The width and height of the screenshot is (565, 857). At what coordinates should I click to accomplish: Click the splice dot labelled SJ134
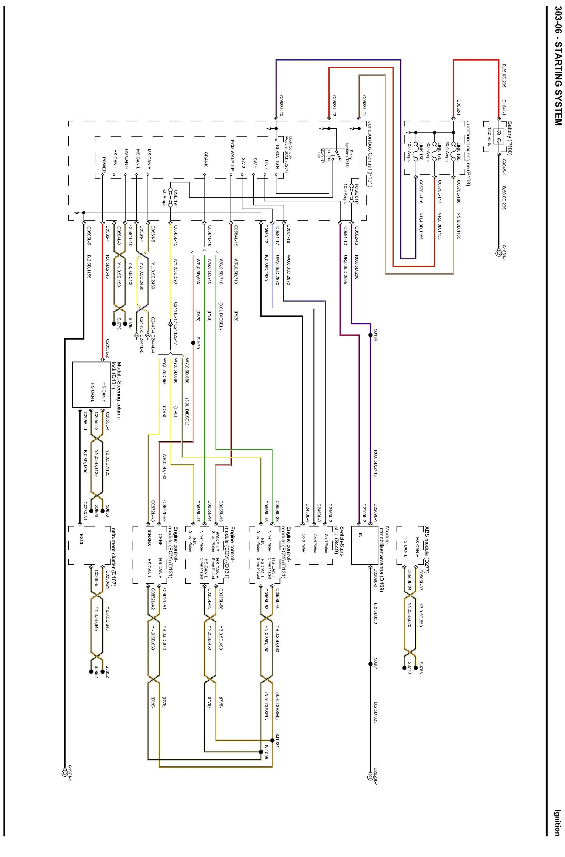(x=370, y=335)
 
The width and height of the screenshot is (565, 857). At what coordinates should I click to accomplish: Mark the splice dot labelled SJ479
(x=193, y=343)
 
